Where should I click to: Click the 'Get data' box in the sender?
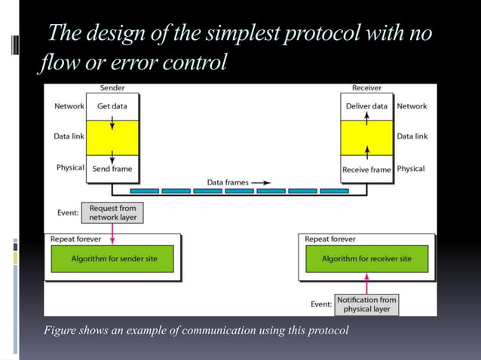coord(112,106)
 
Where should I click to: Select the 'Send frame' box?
coord(112,169)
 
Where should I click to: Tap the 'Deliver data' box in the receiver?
coord(366,106)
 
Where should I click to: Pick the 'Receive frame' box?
coord(366,169)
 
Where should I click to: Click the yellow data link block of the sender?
coord(112,136)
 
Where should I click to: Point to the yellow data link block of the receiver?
coord(366,138)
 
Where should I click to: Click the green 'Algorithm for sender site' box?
coord(112,258)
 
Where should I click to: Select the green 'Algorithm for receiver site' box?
coord(366,258)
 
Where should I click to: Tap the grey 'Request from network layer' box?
coord(112,212)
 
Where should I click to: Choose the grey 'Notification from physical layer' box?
coord(366,304)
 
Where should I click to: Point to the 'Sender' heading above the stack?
coord(112,88)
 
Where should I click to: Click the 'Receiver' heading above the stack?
coord(366,88)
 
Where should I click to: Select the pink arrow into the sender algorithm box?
coord(112,233)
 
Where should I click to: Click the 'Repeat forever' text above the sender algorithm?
coord(75,239)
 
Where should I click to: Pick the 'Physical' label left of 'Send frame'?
coord(70,168)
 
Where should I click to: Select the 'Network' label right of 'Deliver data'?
coord(412,106)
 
